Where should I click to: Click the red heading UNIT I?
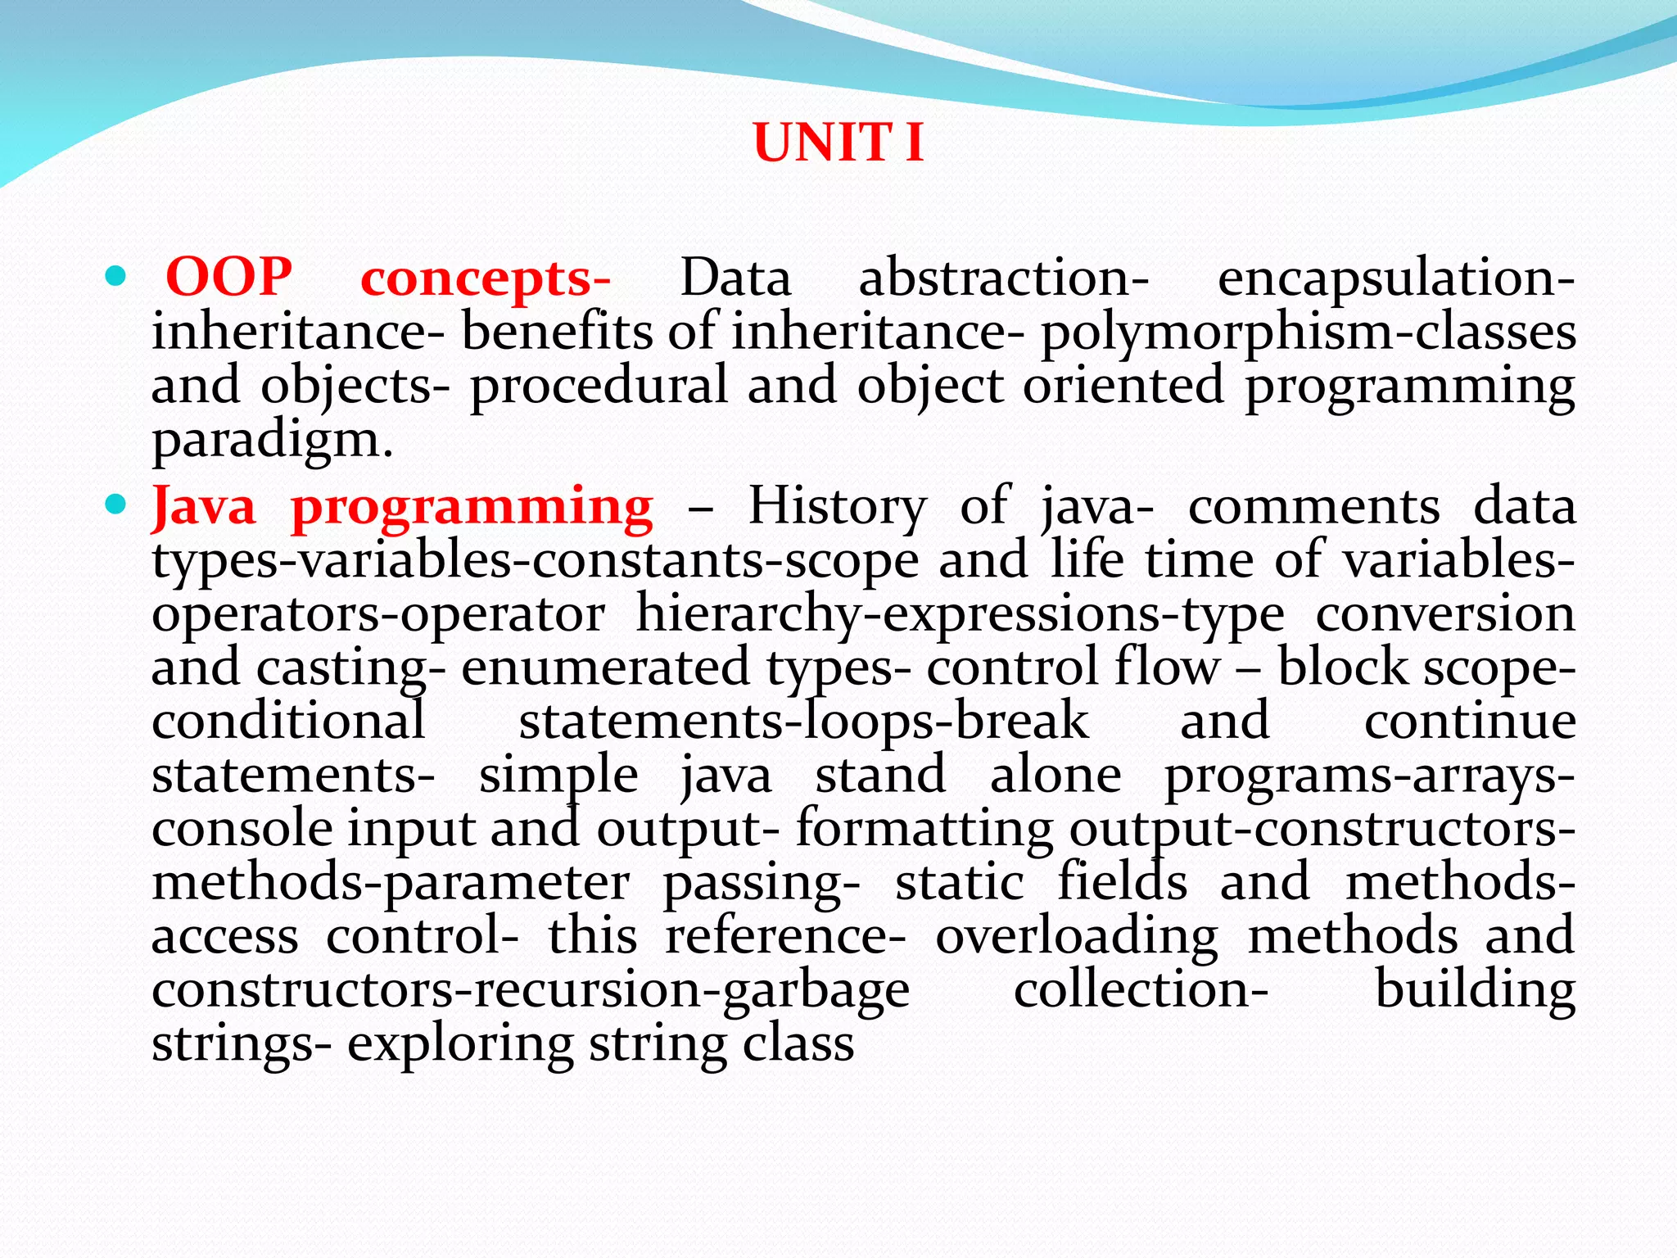(838, 143)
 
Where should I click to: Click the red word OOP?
(228, 277)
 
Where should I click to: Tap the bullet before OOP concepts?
(116, 277)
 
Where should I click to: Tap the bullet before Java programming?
(116, 505)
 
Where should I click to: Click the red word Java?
(204, 507)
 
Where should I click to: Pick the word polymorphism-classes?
(1308, 333)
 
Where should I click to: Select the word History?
(837, 507)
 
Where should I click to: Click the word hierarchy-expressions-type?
(960, 614)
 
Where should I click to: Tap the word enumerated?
(605, 667)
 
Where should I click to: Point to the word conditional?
(288, 722)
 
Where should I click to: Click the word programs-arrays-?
(1369, 776)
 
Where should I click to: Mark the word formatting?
(925, 830)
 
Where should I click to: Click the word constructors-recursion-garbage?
(531, 991)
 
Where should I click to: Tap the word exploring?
(459, 1045)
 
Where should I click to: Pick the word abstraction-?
(1004, 277)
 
